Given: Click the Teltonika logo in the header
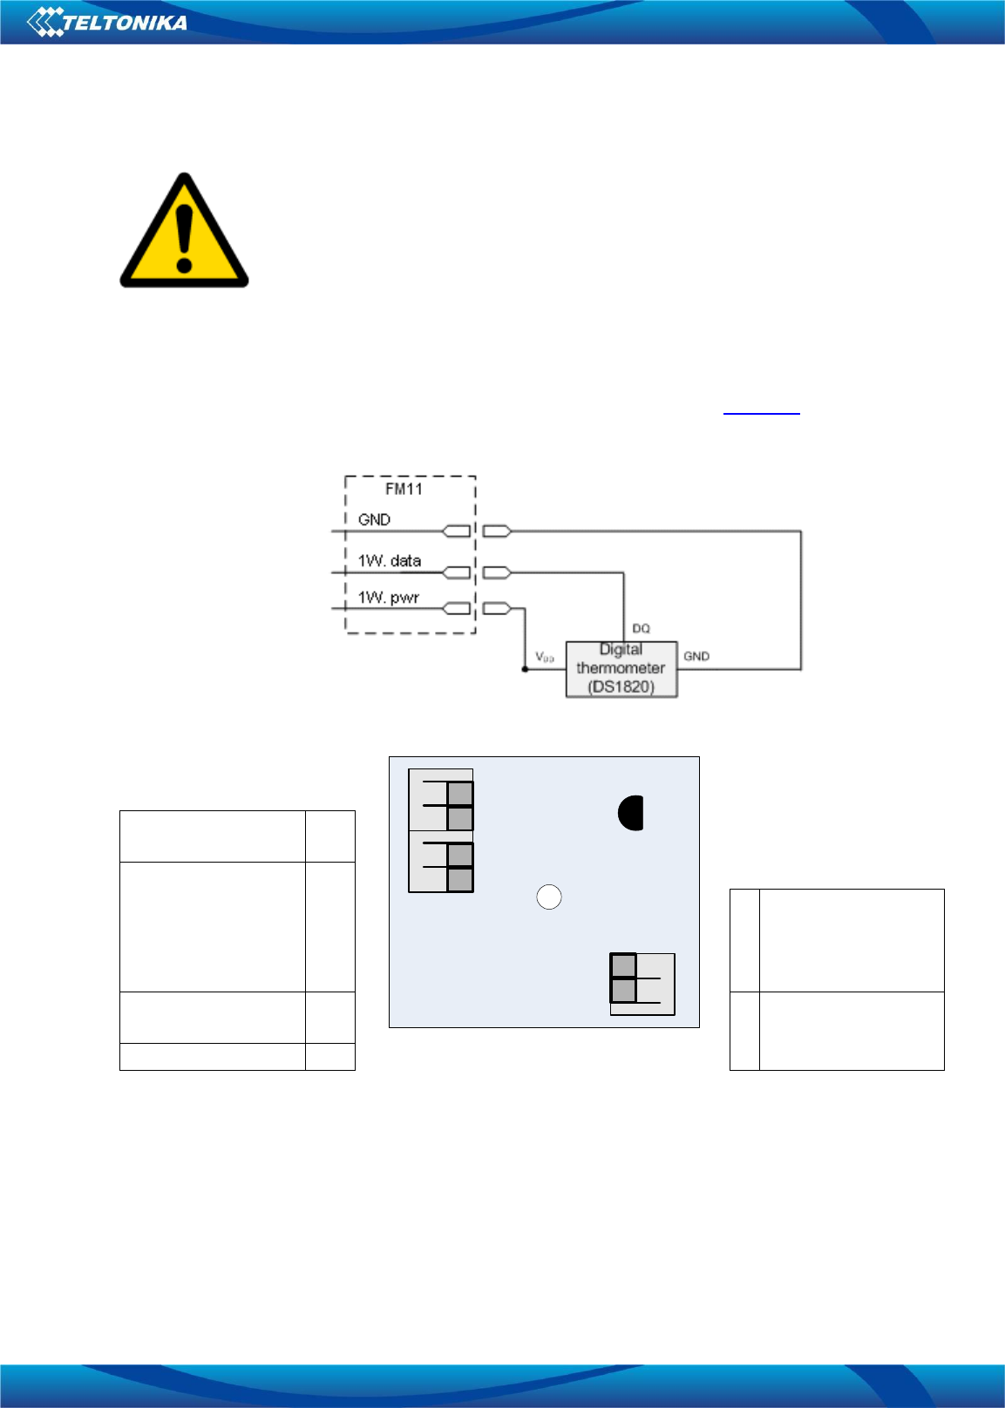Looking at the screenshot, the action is [x=107, y=22].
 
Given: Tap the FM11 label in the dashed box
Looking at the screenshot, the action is [x=404, y=489].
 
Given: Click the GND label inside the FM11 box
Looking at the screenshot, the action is [x=374, y=519].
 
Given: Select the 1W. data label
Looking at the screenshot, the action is [x=390, y=560].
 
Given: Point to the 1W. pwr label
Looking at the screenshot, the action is [x=389, y=598].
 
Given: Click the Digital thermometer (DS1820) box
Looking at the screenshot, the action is [x=621, y=668].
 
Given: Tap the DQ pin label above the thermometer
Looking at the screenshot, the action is [x=641, y=628].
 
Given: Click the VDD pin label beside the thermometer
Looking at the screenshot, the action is [x=545, y=656].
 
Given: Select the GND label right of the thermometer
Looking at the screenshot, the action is [x=696, y=656].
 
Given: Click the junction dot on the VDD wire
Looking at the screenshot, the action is [x=525, y=669].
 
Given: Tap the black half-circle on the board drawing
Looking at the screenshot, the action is [x=631, y=813].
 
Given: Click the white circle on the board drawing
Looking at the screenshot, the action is [x=548, y=897].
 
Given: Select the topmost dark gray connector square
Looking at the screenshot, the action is [x=460, y=794].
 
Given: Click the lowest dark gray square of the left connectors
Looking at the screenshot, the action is [x=460, y=880].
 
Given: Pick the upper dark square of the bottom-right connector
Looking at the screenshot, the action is [x=623, y=965].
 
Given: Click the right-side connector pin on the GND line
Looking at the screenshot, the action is [x=496, y=531].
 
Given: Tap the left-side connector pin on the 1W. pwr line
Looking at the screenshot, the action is [x=457, y=608].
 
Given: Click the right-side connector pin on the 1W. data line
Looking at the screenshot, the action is [x=496, y=572].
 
